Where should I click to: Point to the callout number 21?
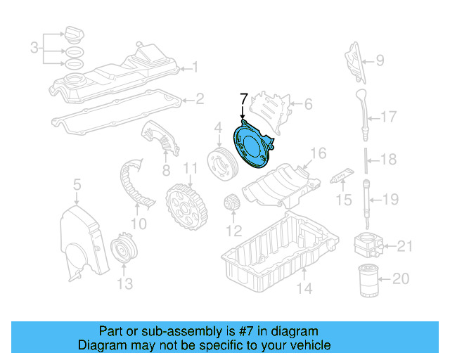pyautogui.click(x=404, y=246)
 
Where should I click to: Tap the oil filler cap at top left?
pyautogui.click(x=74, y=34)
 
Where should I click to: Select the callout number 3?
pyautogui.click(x=34, y=48)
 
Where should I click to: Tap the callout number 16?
pyautogui.click(x=319, y=153)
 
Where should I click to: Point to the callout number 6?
pyautogui.click(x=307, y=105)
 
